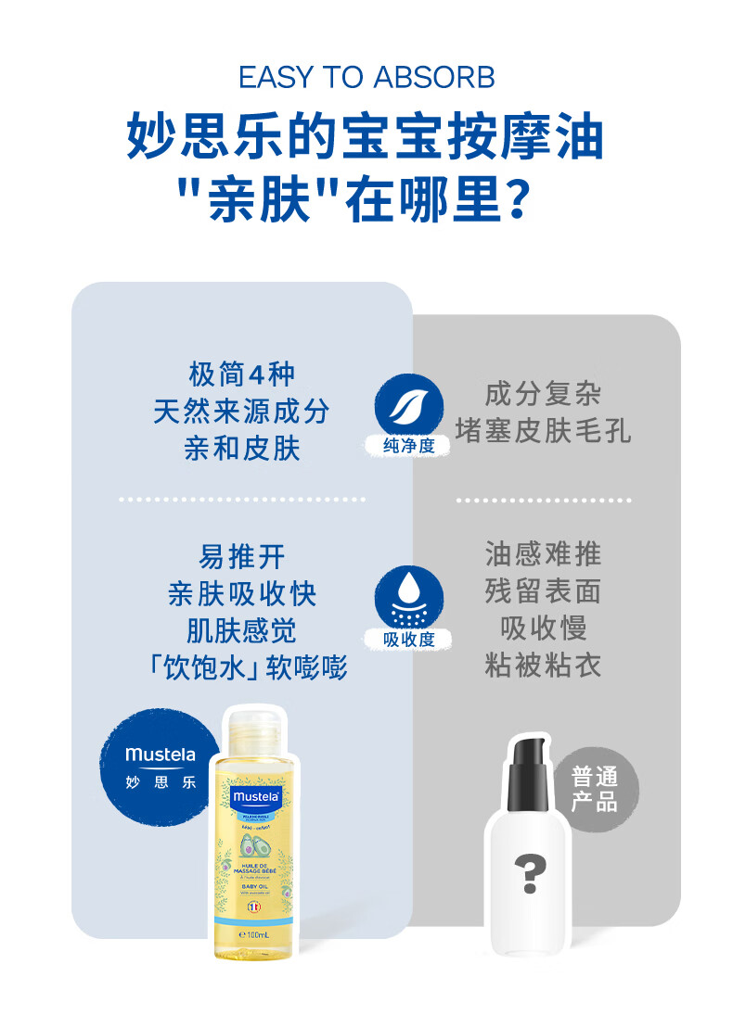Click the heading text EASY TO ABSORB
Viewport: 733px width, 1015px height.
click(x=366, y=78)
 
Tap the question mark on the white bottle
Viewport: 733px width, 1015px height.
click(x=530, y=874)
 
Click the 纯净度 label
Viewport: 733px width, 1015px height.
click(x=408, y=447)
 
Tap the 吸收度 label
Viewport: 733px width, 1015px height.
click(x=408, y=640)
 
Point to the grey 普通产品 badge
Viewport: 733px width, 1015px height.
click(x=595, y=789)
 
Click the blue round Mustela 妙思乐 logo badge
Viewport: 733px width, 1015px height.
click(x=161, y=767)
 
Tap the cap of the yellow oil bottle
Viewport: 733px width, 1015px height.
click(x=250, y=729)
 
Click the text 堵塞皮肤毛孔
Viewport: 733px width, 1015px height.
click(x=543, y=430)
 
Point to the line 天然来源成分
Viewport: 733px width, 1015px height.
click(x=241, y=412)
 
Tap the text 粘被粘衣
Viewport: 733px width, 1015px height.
click(x=543, y=665)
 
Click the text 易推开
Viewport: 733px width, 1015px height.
click(x=241, y=557)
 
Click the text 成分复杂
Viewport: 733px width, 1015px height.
click(x=543, y=394)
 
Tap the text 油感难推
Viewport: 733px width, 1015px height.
click(x=543, y=554)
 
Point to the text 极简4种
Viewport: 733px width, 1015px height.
click(x=241, y=374)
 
